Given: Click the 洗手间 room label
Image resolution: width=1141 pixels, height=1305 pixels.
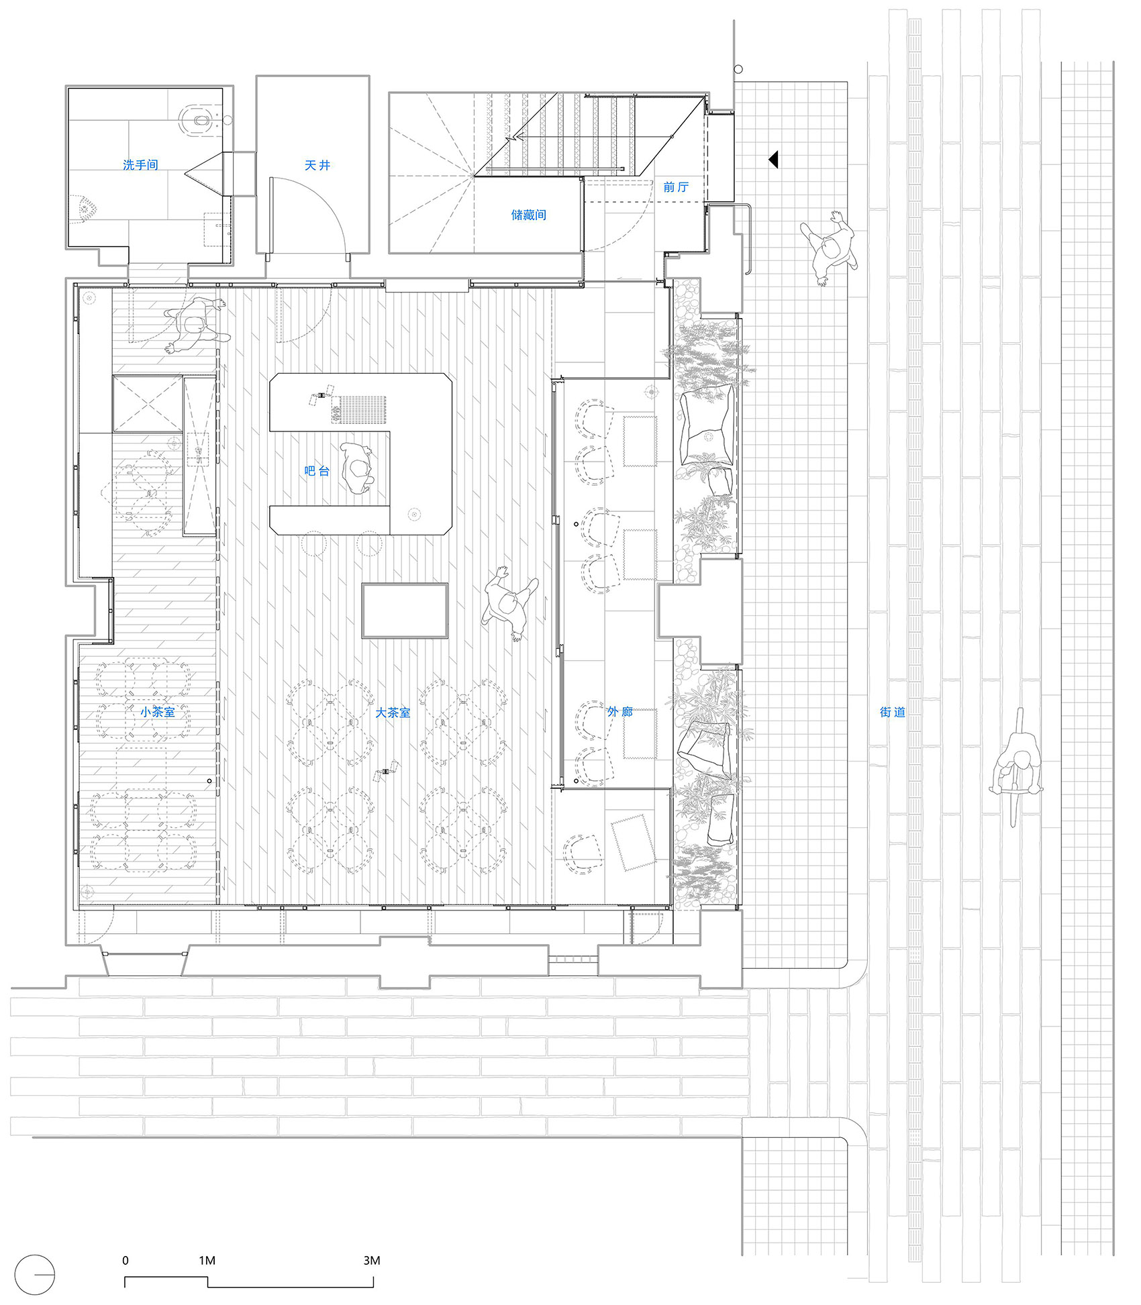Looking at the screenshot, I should pyautogui.click(x=140, y=164).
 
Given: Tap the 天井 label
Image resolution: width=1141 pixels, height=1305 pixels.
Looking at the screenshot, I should pyautogui.click(x=317, y=165).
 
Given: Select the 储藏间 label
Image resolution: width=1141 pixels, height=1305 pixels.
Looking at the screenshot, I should pyautogui.click(x=528, y=215).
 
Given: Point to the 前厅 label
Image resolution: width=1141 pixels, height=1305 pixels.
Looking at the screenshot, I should pyautogui.click(x=676, y=187).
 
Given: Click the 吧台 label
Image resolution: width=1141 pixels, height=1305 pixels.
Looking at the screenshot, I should pyautogui.click(x=317, y=471).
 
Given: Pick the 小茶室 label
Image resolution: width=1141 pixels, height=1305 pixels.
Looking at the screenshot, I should pyautogui.click(x=158, y=712).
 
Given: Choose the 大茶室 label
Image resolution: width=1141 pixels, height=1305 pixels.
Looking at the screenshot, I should pyautogui.click(x=392, y=713).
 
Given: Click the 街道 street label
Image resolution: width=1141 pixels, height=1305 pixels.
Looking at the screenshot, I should pyautogui.click(x=893, y=712).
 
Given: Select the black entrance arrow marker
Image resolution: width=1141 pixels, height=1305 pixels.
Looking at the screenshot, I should pyautogui.click(x=773, y=160).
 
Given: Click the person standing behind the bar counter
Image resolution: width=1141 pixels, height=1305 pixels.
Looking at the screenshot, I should pyautogui.click(x=356, y=468).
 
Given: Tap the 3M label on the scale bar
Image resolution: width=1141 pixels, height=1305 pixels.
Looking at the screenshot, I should pyautogui.click(x=372, y=1261).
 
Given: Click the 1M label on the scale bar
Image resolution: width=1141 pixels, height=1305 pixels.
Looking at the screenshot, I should pyautogui.click(x=207, y=1261).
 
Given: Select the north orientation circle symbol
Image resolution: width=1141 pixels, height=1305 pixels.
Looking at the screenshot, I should pyautogui.click(x=35, y=1275).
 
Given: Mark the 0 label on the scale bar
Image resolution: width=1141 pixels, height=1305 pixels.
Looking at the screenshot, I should pyautogui.click(x=126, y=1261).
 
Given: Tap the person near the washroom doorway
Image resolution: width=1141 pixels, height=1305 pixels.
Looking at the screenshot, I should pyautogui.click(x=195, y=325).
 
